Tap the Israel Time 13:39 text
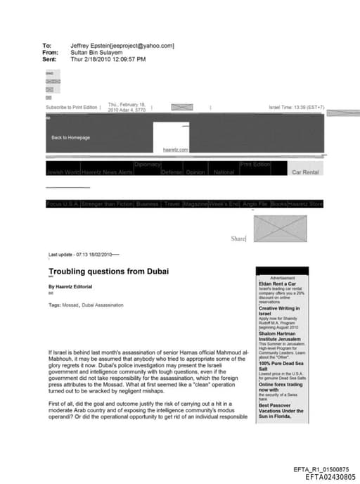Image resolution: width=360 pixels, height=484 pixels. tap(296, 108)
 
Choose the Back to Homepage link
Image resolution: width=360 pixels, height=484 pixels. tap(70, 137)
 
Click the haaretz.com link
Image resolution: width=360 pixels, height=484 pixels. tap(172, 150)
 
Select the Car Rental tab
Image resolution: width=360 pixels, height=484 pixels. tap(305, 172)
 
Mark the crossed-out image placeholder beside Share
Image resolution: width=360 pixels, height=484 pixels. tap(276, 229)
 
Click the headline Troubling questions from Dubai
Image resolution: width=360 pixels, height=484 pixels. tap(108, 271)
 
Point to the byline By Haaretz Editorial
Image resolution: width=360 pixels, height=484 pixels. tap(70, 287)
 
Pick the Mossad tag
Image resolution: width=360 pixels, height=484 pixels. tap(70, 305)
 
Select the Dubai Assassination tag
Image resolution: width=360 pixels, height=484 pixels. tap(103, 305)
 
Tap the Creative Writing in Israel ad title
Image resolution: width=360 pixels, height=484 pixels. tap(279, 310)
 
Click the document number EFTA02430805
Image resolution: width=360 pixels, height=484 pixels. tap(327, 477)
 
